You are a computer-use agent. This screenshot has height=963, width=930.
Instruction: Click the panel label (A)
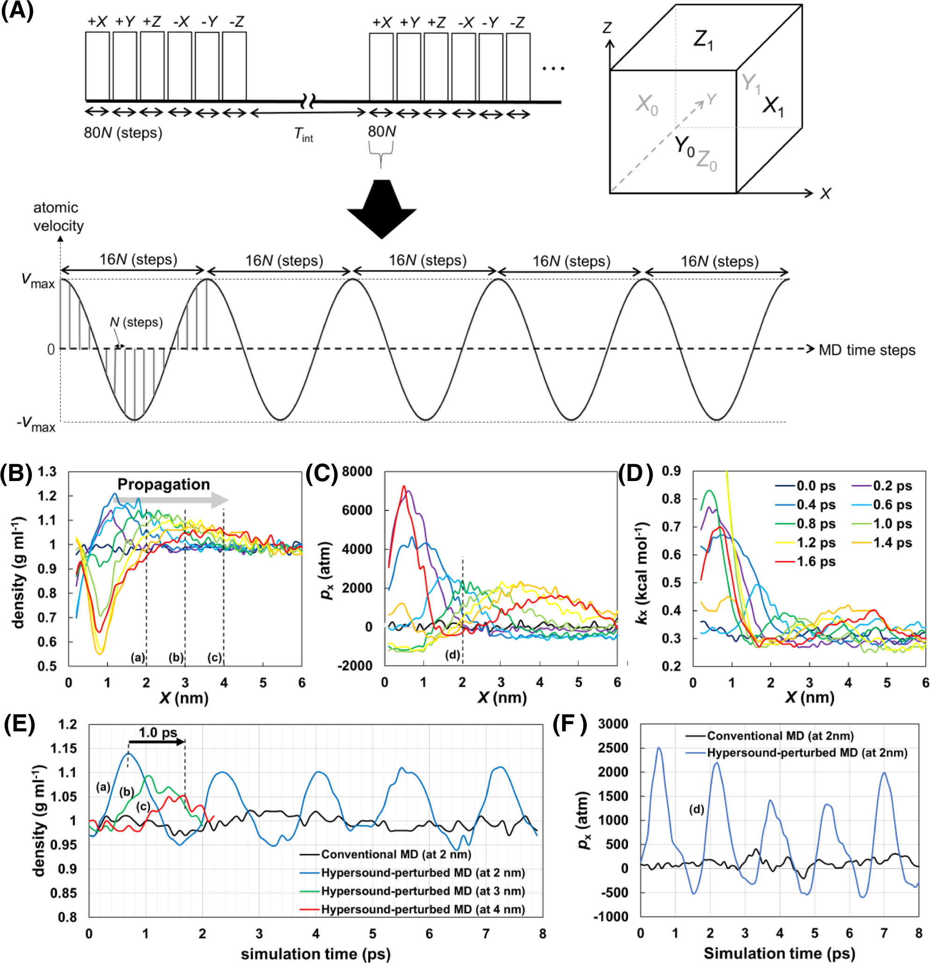[17, 11]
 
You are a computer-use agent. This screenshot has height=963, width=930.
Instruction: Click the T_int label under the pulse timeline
[303, 134]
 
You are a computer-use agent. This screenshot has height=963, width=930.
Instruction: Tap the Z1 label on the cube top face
[703, 39]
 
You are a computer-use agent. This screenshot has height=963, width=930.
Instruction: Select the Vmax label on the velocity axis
[37, 280]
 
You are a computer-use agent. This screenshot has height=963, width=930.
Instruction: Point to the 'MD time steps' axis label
[866, 350]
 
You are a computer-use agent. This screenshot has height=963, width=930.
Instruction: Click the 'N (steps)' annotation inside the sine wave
[136, 322]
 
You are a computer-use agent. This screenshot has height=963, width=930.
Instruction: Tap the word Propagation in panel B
[163, 484]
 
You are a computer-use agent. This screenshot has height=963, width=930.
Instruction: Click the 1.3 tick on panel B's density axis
[47, 472]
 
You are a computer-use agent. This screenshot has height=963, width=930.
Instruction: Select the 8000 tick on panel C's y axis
[357, 472]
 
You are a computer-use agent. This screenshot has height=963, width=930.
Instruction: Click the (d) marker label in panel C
[452, 654]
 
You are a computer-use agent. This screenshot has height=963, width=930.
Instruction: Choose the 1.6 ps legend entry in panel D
[815, 561]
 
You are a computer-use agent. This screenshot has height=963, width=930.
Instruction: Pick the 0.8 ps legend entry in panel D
[815, 524]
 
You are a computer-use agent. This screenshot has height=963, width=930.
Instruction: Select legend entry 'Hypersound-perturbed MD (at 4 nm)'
[423, 909]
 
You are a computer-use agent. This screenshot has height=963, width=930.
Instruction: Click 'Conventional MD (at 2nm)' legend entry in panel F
[780, 735]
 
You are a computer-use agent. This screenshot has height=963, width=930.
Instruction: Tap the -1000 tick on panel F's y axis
[613, 916]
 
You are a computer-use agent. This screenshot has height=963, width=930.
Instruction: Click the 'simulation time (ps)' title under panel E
[316, 954]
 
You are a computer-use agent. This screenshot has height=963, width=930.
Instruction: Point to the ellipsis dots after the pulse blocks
[553, 68]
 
